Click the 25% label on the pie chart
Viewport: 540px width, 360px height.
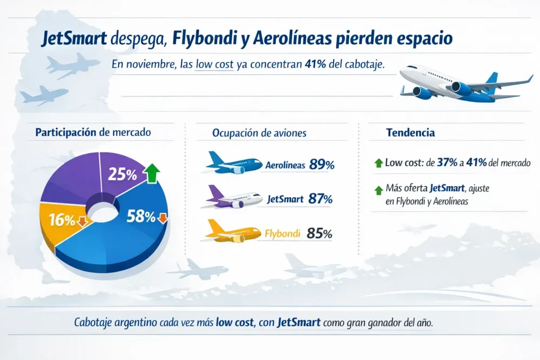(x=122, y=174)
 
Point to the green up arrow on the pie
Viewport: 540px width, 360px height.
(x=152, y=174)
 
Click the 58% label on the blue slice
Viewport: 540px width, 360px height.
(x=141, y=216)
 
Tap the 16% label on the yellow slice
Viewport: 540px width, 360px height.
(x=62, y=220)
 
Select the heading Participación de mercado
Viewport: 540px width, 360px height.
(x=93, y=132)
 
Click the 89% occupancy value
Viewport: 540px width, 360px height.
(x=322, y=165)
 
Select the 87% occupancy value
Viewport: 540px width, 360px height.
(x=320, y=199)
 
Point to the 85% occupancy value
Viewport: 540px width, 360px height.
(x=319, y=234)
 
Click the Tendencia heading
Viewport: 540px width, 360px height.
(x=410, y=133)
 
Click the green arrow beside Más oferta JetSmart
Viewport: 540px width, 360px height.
(x=378, y=190)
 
